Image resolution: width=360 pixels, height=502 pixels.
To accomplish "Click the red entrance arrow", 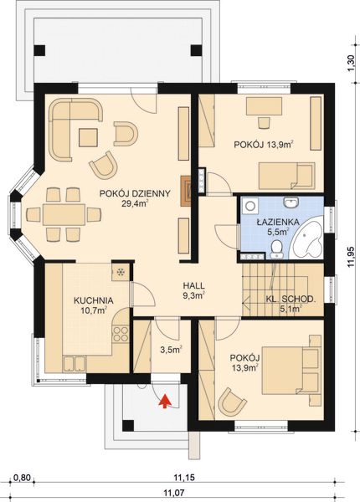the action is pos(165,402).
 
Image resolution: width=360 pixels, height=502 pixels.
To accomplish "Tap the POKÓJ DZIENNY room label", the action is pos(135,194).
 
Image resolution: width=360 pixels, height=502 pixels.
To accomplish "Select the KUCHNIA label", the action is pos(94,300).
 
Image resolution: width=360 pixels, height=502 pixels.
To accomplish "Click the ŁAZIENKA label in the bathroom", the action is pos(278,222).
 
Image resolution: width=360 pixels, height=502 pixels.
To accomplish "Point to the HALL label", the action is pos(193,285).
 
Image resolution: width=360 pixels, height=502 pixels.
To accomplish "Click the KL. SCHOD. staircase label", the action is pos(291,299).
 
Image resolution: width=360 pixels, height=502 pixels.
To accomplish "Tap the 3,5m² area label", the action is pos(171,349).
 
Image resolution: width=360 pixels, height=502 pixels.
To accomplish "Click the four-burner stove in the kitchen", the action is pos(121,334).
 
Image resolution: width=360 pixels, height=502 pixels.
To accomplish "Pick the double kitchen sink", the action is pos(75,364).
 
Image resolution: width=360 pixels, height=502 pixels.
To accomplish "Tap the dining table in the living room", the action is pos(64,214).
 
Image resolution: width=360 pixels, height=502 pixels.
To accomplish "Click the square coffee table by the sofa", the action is pos(88,137).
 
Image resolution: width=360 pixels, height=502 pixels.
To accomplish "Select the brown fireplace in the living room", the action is pos(187,191).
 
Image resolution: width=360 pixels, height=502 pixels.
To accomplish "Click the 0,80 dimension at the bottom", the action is pos(23,478).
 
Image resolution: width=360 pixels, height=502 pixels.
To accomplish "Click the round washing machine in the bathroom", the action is pos(249,206).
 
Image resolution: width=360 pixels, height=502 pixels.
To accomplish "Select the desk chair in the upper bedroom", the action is pos(264,123).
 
